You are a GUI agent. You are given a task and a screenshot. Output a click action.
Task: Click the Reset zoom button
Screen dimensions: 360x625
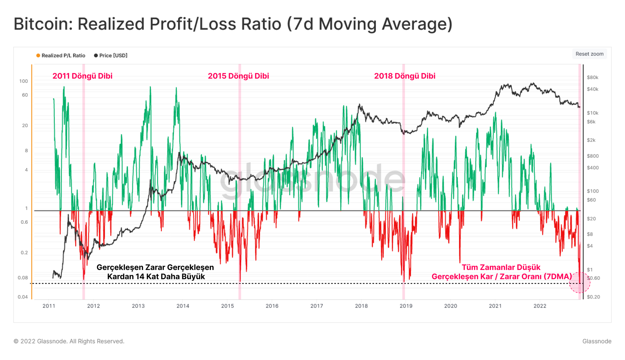click(x=589, y=54)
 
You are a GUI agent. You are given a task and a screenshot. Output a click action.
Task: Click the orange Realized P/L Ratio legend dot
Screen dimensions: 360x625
click(x=38, y=56)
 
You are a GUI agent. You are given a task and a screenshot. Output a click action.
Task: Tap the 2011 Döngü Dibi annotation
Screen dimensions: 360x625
click(x=82, y=76)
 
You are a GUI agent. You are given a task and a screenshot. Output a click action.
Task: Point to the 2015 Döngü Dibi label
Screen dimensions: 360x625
click(x=238, y=76)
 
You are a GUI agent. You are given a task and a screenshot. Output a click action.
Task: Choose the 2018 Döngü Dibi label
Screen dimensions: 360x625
click(x=405, y=76)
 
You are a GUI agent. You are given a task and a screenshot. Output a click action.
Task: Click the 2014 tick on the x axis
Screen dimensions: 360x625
click(x=183, y=306)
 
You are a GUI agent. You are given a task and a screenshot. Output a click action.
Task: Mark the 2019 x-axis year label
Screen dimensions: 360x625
click(x=406, y=306)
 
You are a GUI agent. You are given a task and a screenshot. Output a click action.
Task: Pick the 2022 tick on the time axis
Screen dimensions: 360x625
click(x=540, y=306)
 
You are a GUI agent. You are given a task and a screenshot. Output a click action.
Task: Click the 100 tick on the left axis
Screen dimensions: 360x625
click(x=23, y=81)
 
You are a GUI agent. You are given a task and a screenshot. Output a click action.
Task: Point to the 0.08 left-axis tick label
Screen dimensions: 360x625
click(x=23, y=278)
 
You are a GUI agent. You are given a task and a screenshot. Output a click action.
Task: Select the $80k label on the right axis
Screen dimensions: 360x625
click(x=592, y=77)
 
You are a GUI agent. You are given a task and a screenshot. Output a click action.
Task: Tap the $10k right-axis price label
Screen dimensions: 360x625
click(x=592, y=113)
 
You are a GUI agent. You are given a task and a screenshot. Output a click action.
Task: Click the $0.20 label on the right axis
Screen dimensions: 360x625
click(x=593, y=297)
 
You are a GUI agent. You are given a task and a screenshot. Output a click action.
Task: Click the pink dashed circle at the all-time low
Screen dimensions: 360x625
click(x=580, y=283)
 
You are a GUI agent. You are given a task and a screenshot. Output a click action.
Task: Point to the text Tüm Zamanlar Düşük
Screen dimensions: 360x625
click(x=501, y=267)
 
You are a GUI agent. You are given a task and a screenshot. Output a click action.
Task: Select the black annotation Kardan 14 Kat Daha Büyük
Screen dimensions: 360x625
click(x=156, y=277)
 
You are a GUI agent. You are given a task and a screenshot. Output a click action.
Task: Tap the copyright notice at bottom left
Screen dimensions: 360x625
click(x=69, y=341)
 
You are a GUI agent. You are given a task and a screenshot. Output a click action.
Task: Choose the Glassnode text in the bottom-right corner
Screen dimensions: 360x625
click(x=597, y=341)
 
